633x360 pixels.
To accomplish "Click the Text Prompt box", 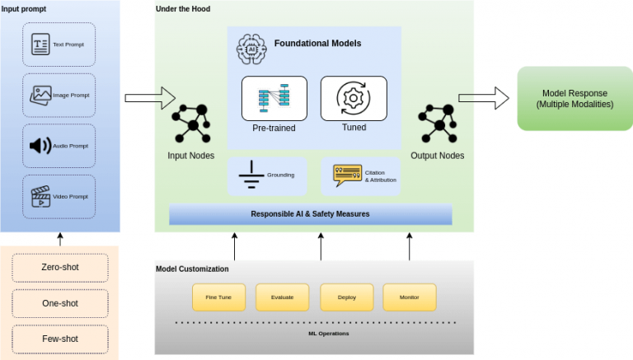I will coord(59,45).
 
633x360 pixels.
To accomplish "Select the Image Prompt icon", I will coord(40,95).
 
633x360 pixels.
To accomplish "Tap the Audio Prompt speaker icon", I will coord(40,146).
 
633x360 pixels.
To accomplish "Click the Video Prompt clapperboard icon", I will coord(40,196).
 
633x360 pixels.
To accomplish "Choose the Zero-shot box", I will coord(60,268).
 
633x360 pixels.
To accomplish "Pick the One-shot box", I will coord(60,303).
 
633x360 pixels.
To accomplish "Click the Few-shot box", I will coord(60,338).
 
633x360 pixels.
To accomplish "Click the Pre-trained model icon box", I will coord(274,98).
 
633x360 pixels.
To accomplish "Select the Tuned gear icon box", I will coord(353,98).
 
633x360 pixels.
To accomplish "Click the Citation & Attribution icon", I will coord(346,175).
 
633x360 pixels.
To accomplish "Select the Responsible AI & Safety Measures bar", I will coord(311,214).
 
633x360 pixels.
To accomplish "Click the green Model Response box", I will coord(574,99).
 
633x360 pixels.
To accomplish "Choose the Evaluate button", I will coord(282,297).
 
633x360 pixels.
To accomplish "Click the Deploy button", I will coord(345,297).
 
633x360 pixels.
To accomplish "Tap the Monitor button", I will coord(409,297).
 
